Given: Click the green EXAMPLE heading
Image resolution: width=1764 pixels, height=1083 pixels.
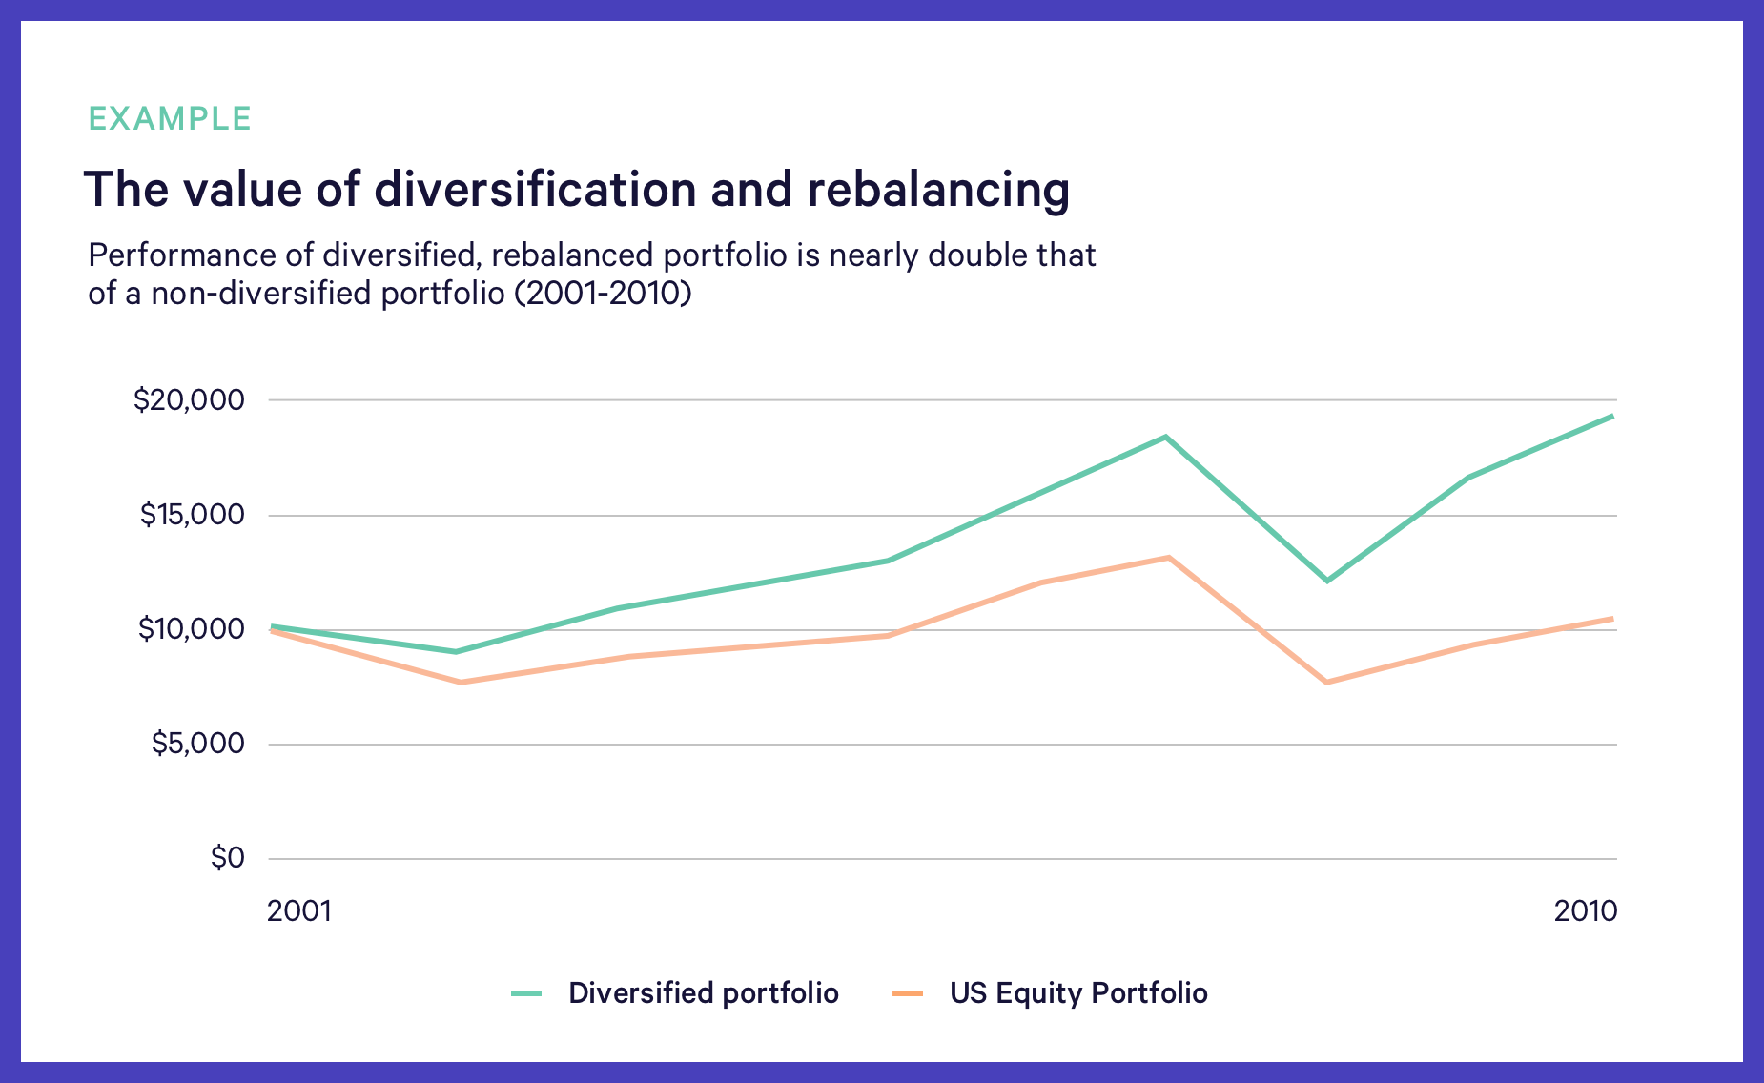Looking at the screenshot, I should coord(170,119).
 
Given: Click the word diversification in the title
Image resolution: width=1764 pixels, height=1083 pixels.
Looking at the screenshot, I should coord(536,189).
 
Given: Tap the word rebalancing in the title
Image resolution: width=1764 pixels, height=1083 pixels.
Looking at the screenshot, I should coord(938,191).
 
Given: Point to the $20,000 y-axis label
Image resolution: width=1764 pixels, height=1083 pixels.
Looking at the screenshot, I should coord(189,399).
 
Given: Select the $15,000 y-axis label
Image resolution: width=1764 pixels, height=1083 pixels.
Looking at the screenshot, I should coord(192,515).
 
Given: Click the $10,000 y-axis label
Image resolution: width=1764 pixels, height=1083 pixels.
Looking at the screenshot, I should coord(191,629).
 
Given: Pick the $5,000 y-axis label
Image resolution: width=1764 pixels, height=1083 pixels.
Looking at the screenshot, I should coord(197,744).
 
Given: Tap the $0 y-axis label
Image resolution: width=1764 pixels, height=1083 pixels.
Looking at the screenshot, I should coord(228,858).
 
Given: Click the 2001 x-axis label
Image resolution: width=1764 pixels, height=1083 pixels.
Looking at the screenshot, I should coord(299,911).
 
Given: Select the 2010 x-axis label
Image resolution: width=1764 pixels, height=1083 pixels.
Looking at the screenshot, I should coord(1586,911).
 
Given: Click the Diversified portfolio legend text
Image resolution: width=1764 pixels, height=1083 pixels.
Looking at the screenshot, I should coord(704,993).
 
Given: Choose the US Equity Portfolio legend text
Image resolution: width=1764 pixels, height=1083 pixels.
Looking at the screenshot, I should coord(1078,993).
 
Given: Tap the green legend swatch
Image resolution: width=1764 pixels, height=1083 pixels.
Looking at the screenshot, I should coord(526,993).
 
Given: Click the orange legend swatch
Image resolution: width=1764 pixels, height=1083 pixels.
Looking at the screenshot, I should coord(908,993).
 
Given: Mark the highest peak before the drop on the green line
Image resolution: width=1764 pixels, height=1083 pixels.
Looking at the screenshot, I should coord(1165,438).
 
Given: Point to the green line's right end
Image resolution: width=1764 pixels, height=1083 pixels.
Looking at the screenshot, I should coord(1612,416).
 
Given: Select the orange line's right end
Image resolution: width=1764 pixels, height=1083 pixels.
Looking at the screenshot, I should coord(1612,619).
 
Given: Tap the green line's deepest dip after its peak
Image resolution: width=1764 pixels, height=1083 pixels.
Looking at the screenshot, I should coord(1326,581).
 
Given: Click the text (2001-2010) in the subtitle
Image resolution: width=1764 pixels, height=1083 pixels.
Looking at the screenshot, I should coord(603,294).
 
